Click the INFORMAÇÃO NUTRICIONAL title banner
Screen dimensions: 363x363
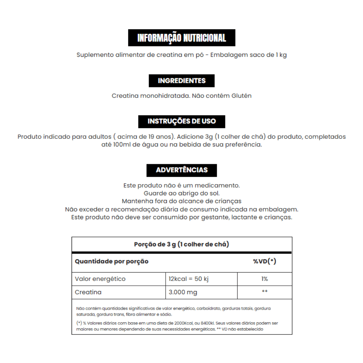182,38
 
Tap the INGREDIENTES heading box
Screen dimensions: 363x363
182,81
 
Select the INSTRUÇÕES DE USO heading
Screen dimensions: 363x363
182,121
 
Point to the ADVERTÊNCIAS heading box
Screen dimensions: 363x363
182,170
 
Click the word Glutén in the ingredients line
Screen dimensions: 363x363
242,96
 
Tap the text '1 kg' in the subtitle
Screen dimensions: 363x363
281,55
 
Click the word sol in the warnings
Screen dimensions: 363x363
215,193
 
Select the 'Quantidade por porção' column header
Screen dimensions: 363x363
111,261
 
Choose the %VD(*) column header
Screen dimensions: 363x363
265,261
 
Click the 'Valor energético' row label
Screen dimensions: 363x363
100,279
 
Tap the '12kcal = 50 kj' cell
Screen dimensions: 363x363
189,279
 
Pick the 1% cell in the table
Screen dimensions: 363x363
265,279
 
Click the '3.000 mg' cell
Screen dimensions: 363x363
183,292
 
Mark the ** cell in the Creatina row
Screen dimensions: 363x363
265,292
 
